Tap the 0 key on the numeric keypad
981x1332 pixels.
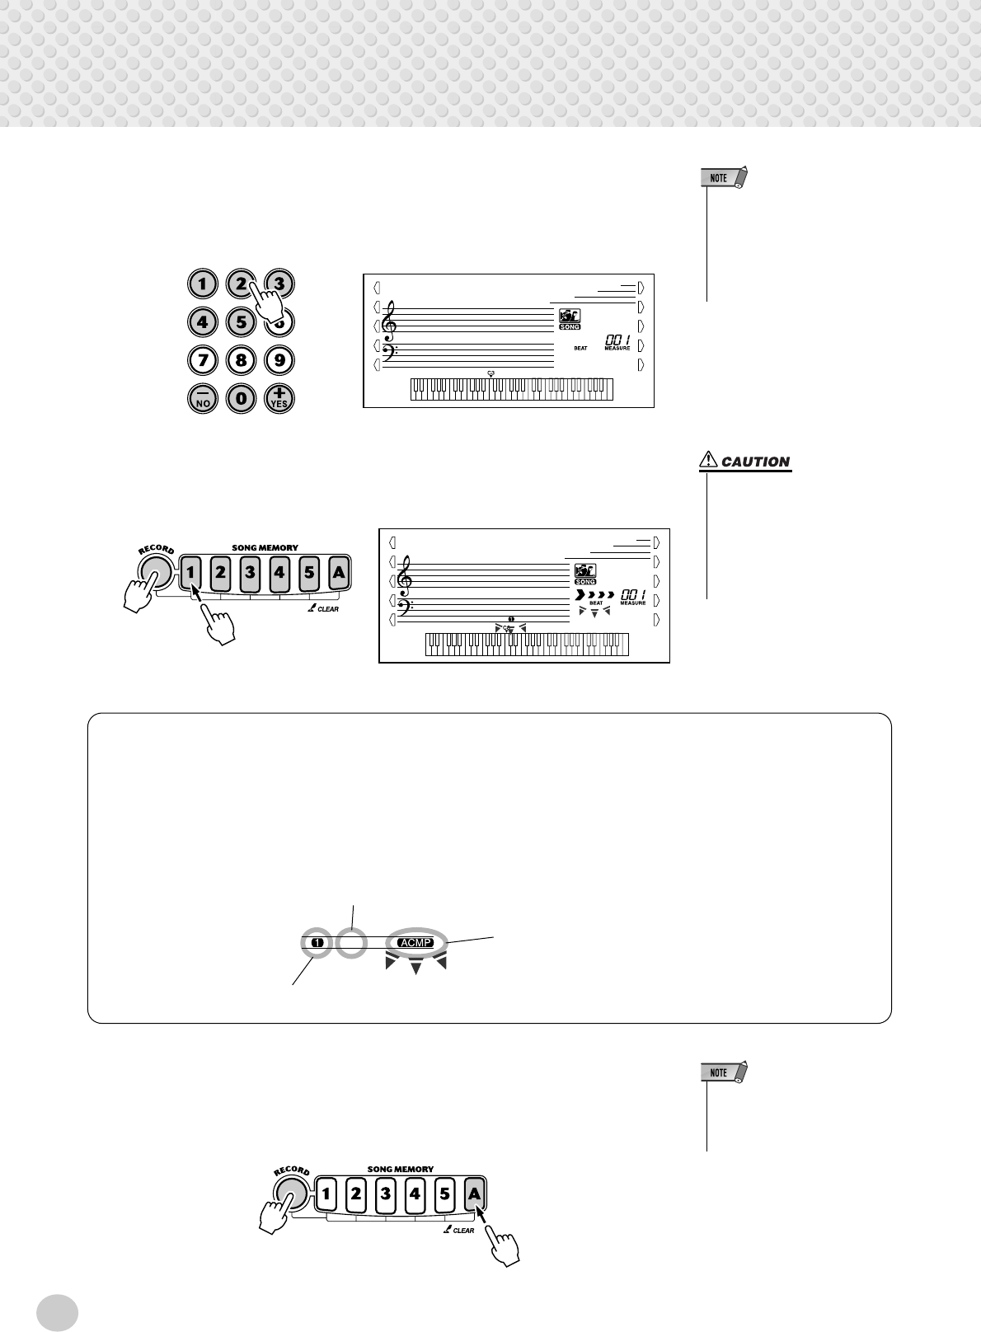(x=241, y=399)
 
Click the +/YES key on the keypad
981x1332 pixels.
(x=279, y=399)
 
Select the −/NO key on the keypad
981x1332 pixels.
(x=202, y=399)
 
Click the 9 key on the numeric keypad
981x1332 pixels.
(x=279, y=360)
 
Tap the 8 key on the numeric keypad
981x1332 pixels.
(x=241, y=360)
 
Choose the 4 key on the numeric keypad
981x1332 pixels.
(x=202, y=322)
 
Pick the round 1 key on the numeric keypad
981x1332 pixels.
(x=202, y=284)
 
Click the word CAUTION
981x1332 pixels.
(x=755, y=462)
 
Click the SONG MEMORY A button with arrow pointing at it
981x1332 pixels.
(x=474, y=1192)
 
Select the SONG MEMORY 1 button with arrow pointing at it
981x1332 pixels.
(x=191, y=570)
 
